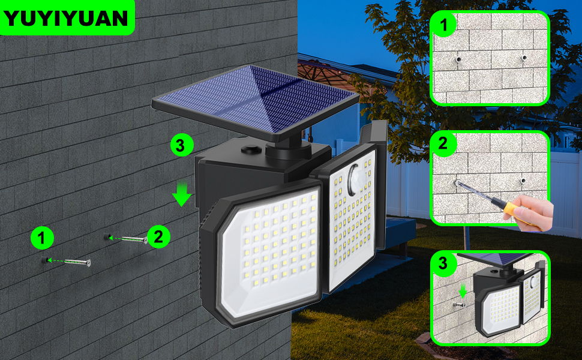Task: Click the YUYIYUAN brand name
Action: tap(65, 18)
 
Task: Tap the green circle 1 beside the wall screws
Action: tap(42, 238)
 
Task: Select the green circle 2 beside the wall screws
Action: tap(158, 236)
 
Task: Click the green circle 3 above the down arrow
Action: tap(182, 145)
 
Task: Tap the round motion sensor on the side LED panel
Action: tap(356, 179)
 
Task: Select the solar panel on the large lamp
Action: tap(256, 100)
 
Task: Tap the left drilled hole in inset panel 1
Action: tap(459, 59)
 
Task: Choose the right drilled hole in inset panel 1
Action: tap(524, 58)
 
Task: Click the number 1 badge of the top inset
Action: tap(444, 25)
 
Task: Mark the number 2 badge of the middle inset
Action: tap(443, 143)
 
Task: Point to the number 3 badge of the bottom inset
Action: tap(443, 263)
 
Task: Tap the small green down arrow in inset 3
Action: tap(463, 292)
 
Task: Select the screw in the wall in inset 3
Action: tap(459, 305)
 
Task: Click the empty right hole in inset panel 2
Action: tap(523, 181)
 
